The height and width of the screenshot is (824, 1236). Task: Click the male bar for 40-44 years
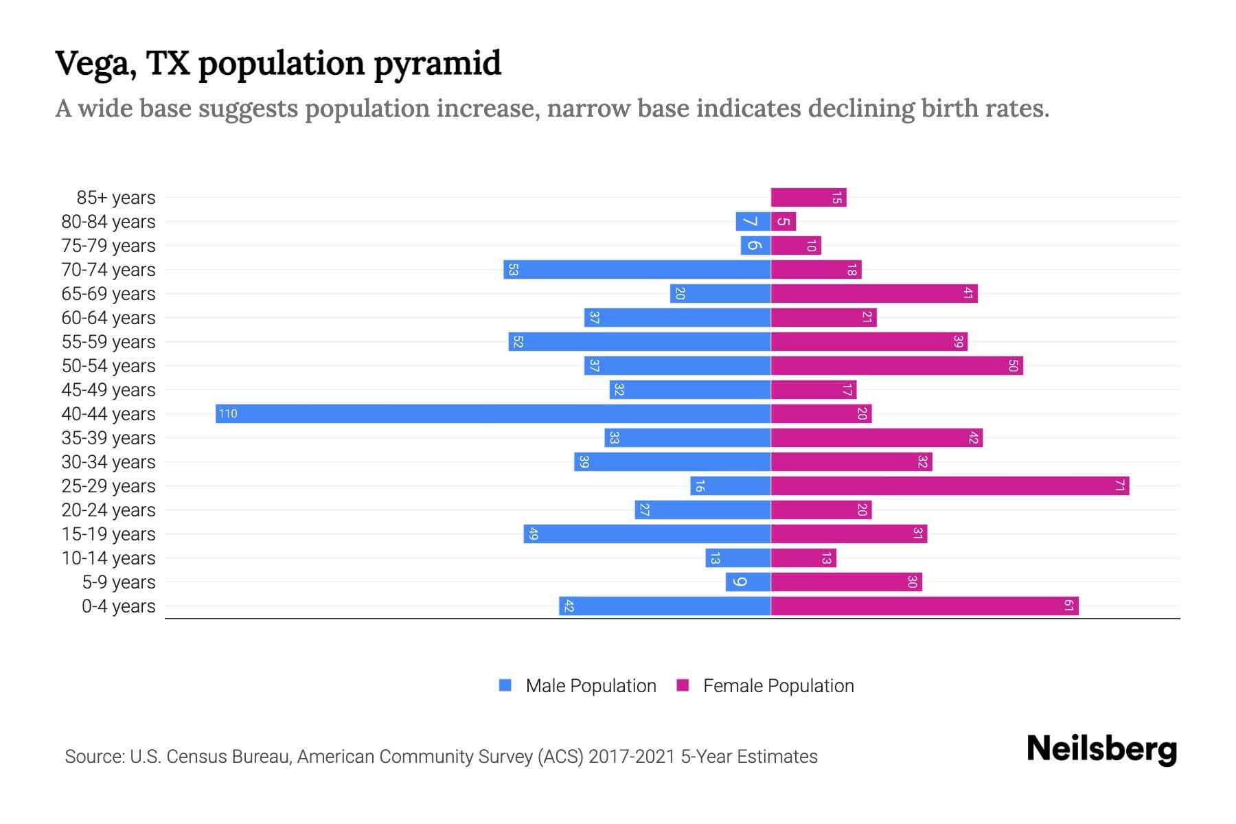coord(493,413)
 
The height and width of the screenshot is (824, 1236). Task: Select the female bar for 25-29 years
coord(950,485)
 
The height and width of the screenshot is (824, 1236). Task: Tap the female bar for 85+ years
coord(808,198)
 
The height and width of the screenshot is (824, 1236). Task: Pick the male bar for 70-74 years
coord(637,270)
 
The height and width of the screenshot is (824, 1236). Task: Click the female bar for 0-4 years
coord(924,606)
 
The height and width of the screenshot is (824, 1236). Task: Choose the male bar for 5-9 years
coord(748,582)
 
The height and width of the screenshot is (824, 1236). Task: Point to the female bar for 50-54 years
coord(897,365)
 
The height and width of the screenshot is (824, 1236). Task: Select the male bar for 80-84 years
coord(753,222)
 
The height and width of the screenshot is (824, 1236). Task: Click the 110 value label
coord(228,413)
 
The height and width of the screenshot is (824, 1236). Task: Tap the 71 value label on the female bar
coord(1119,485)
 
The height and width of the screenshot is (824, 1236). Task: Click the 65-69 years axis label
coord(108,294)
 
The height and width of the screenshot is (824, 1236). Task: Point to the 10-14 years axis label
coord(108,558)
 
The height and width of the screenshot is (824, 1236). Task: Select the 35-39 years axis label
coord(108,438)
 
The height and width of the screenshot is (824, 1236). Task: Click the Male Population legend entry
coord(591,685)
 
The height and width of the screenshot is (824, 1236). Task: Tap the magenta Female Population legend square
coord(683,685)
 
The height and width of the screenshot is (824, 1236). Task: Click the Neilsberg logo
coord(1101,748)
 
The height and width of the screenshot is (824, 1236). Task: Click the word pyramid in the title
coord(437,64)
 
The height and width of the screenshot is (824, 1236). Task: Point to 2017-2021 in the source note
coord(632,757)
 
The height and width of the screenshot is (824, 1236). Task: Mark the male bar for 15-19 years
coord(647,534)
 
